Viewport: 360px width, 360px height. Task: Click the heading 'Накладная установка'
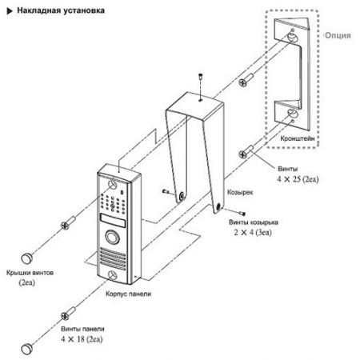coord(61,10)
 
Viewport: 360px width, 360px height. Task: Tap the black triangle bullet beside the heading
coord(10,11)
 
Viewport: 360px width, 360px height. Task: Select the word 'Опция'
coord(338,35)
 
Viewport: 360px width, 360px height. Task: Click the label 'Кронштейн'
coord(298,138)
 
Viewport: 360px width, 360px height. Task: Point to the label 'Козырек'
coord(240,192)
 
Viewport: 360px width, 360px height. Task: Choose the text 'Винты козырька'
coord(254,222)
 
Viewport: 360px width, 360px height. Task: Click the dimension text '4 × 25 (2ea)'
coord(298,179)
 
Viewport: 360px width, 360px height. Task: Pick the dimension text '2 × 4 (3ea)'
coord(253,233)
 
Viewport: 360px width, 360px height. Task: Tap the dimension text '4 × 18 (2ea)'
coord(82,339)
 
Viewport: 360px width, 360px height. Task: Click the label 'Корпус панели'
coord(128,294)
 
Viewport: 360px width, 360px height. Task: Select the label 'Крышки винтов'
coord(30,273)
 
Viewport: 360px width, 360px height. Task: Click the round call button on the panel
coord(112,237)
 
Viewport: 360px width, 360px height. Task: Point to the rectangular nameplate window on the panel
coord(113,221)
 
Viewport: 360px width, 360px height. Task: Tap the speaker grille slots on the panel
coord(113,259)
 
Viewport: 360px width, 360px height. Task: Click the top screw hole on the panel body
coord(113,185)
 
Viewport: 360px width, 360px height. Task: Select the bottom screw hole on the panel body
coord(113,275)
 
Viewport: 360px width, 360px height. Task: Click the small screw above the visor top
coord(200,76)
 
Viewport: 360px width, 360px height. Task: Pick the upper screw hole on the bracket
coord(292,38)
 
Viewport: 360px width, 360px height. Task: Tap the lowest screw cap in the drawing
coord(27,349)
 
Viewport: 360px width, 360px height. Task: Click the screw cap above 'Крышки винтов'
coord(27,258)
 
